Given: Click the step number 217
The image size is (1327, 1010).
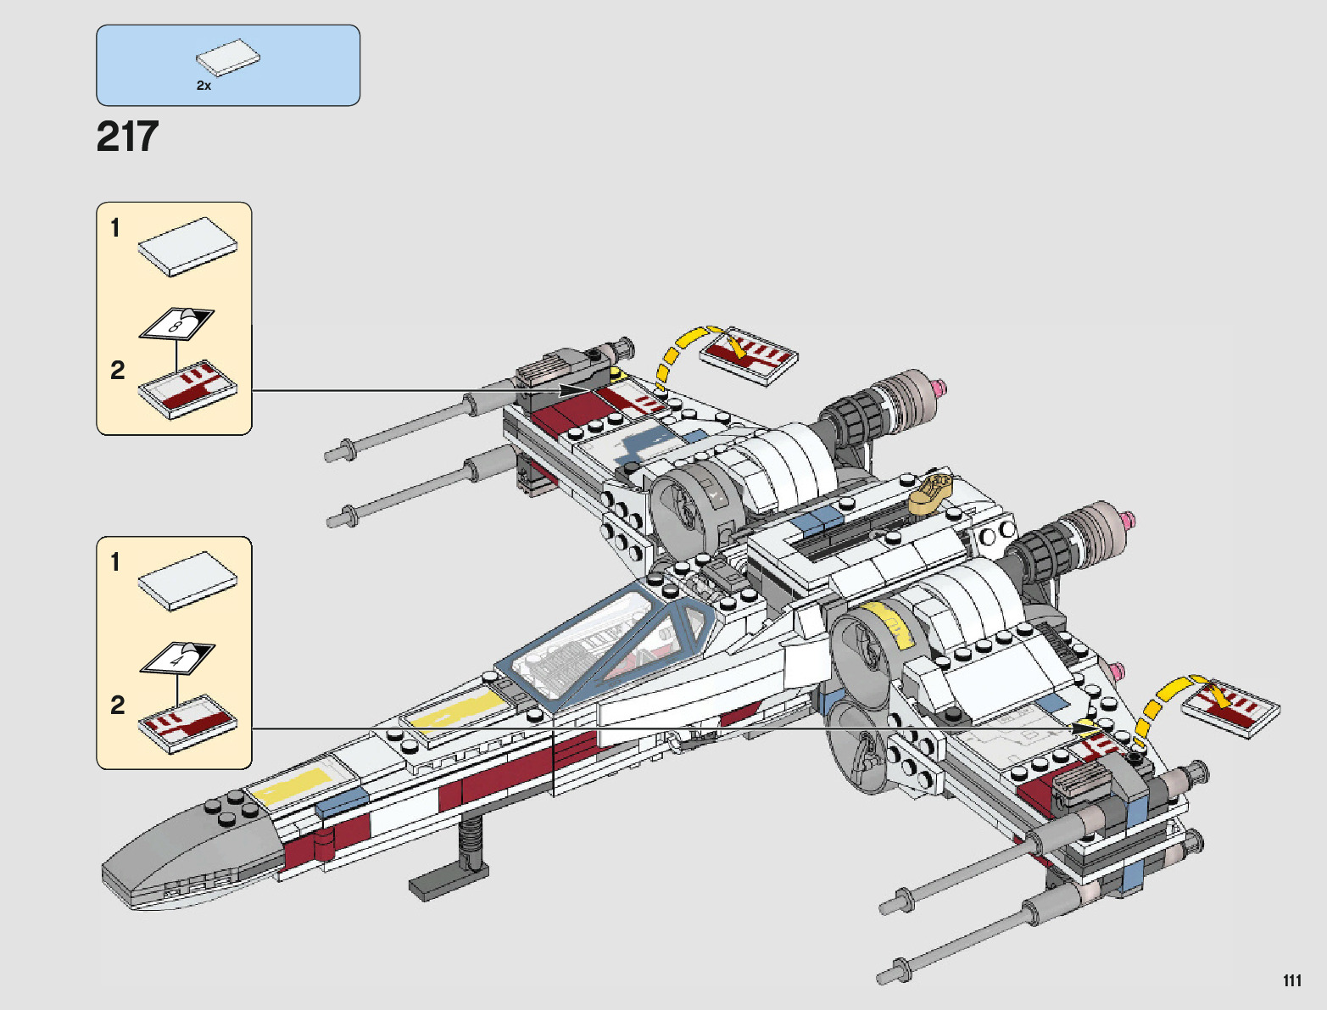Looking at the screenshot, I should coord(127,137).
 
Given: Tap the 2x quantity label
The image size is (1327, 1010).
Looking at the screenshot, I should coord(204,86).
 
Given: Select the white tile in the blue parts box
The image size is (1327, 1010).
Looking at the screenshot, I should coord(228,58).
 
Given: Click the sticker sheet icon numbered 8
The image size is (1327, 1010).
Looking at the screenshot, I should coord(176,323).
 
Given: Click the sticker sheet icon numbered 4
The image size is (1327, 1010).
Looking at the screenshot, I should coord(176,658).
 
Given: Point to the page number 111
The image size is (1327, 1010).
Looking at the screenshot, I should coord(1291,980).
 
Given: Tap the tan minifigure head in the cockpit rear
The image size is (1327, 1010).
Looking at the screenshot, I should coord(931,492).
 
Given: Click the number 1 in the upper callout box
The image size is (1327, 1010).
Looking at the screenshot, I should coord(115,228).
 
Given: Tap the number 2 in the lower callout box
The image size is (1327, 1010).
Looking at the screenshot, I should coord(117,705).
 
